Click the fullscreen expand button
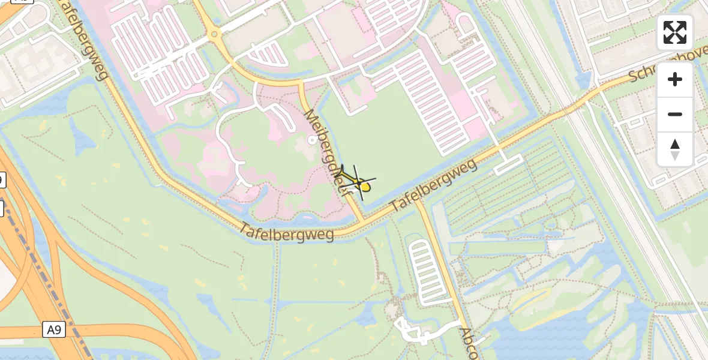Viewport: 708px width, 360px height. click(x=675, y=32)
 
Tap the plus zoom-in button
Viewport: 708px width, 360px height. click(x=675, y=80)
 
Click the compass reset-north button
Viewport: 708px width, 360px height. click(x=675, y=149)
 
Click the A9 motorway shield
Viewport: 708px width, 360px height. click(x=53, y=329)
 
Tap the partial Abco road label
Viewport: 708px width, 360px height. click(x=469, y=343)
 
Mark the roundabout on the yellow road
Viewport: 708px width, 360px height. click(x=214, y=34)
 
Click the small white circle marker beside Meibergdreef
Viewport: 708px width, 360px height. click(x=311, y=140)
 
